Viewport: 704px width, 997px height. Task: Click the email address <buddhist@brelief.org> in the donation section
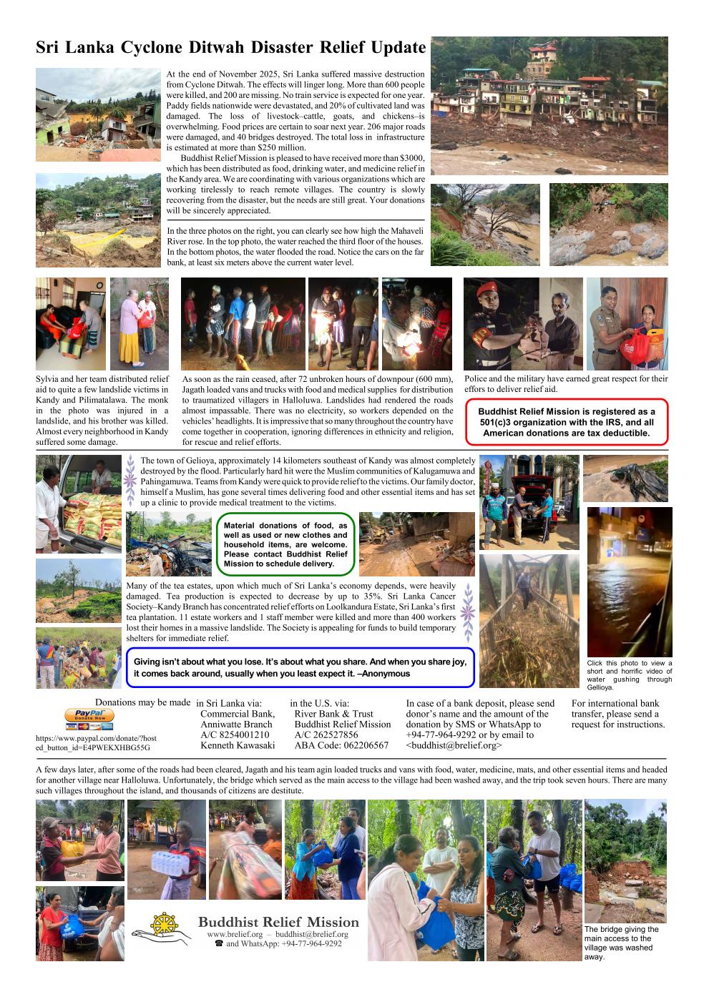(454, 745)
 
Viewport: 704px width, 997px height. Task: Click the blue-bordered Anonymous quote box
(300, 668)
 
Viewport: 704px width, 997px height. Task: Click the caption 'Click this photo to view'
(629, 663)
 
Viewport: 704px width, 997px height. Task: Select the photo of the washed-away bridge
(625, 860)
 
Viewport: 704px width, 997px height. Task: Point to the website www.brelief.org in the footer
(233, 934)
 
